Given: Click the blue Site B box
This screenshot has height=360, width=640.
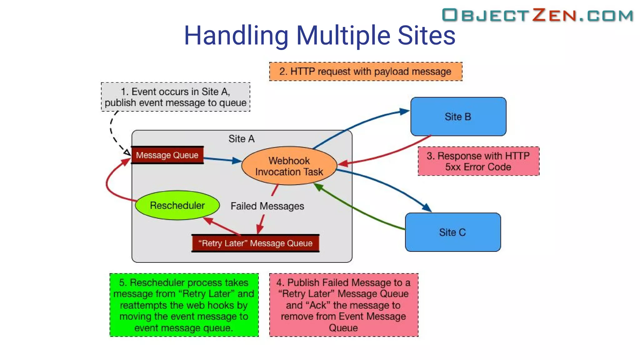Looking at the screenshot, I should pos(458,117).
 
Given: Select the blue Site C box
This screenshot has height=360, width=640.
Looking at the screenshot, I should pos(452,232).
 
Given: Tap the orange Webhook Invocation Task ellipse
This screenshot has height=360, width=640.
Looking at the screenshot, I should pos(289,166).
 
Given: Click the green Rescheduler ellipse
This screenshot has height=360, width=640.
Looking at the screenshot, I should pos(177,205).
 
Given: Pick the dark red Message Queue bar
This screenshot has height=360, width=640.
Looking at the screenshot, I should pos(167,155).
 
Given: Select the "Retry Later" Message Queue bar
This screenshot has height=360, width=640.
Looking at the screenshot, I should pos(255,243).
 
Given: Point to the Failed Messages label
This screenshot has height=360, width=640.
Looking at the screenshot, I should pos(267,206).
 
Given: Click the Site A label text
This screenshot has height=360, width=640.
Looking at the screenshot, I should pos(241,139).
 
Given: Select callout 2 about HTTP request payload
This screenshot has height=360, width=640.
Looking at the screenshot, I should pos(365,72).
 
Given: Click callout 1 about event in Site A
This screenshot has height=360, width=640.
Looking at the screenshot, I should pos(175,97).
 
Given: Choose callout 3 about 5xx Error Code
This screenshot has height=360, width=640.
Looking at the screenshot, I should pos(478,161).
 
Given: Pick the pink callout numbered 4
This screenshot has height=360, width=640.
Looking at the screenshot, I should pos(343,305).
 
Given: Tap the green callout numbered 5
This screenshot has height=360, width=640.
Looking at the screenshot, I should pos(184,305).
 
